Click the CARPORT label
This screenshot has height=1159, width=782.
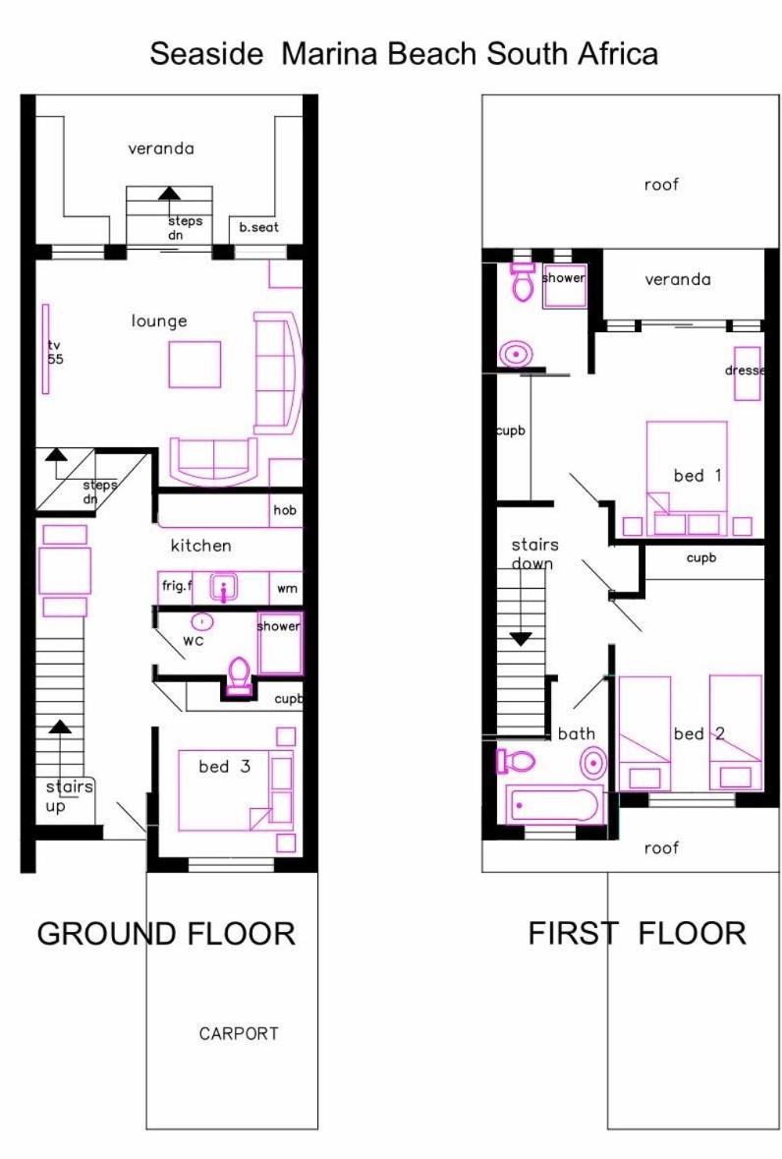[x=239, y=1033]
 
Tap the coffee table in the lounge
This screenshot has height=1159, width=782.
[x=195, y=365]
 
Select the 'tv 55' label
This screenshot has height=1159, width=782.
[x=55, y=353]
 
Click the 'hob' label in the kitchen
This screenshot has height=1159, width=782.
[x=285, y=510]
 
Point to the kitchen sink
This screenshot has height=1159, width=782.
[x=224, y=589]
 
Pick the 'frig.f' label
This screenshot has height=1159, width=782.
[x=177, y=586]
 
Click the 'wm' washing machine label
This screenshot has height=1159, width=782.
[x=287, y=589]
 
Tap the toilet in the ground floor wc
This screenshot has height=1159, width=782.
[x=240, y=675]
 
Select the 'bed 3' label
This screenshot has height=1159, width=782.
[x=225, y=767]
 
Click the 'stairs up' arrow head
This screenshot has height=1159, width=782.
[x=60, y=726]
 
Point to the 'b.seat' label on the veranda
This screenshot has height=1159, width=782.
[x=259, y=227]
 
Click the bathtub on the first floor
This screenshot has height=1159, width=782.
[x=554, y=804]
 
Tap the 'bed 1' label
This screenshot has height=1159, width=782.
[x=698, y=475]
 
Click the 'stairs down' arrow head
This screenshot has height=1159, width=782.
[x=522, y=639]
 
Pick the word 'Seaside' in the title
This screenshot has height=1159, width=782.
[x=206, y=54]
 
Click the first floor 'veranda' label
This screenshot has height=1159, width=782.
[x=677, y=279]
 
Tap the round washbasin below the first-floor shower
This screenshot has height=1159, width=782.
[x=516, y=354]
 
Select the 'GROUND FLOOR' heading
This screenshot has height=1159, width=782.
[x=166, y=934]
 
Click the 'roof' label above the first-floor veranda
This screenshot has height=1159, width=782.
[x=661, y=184]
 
